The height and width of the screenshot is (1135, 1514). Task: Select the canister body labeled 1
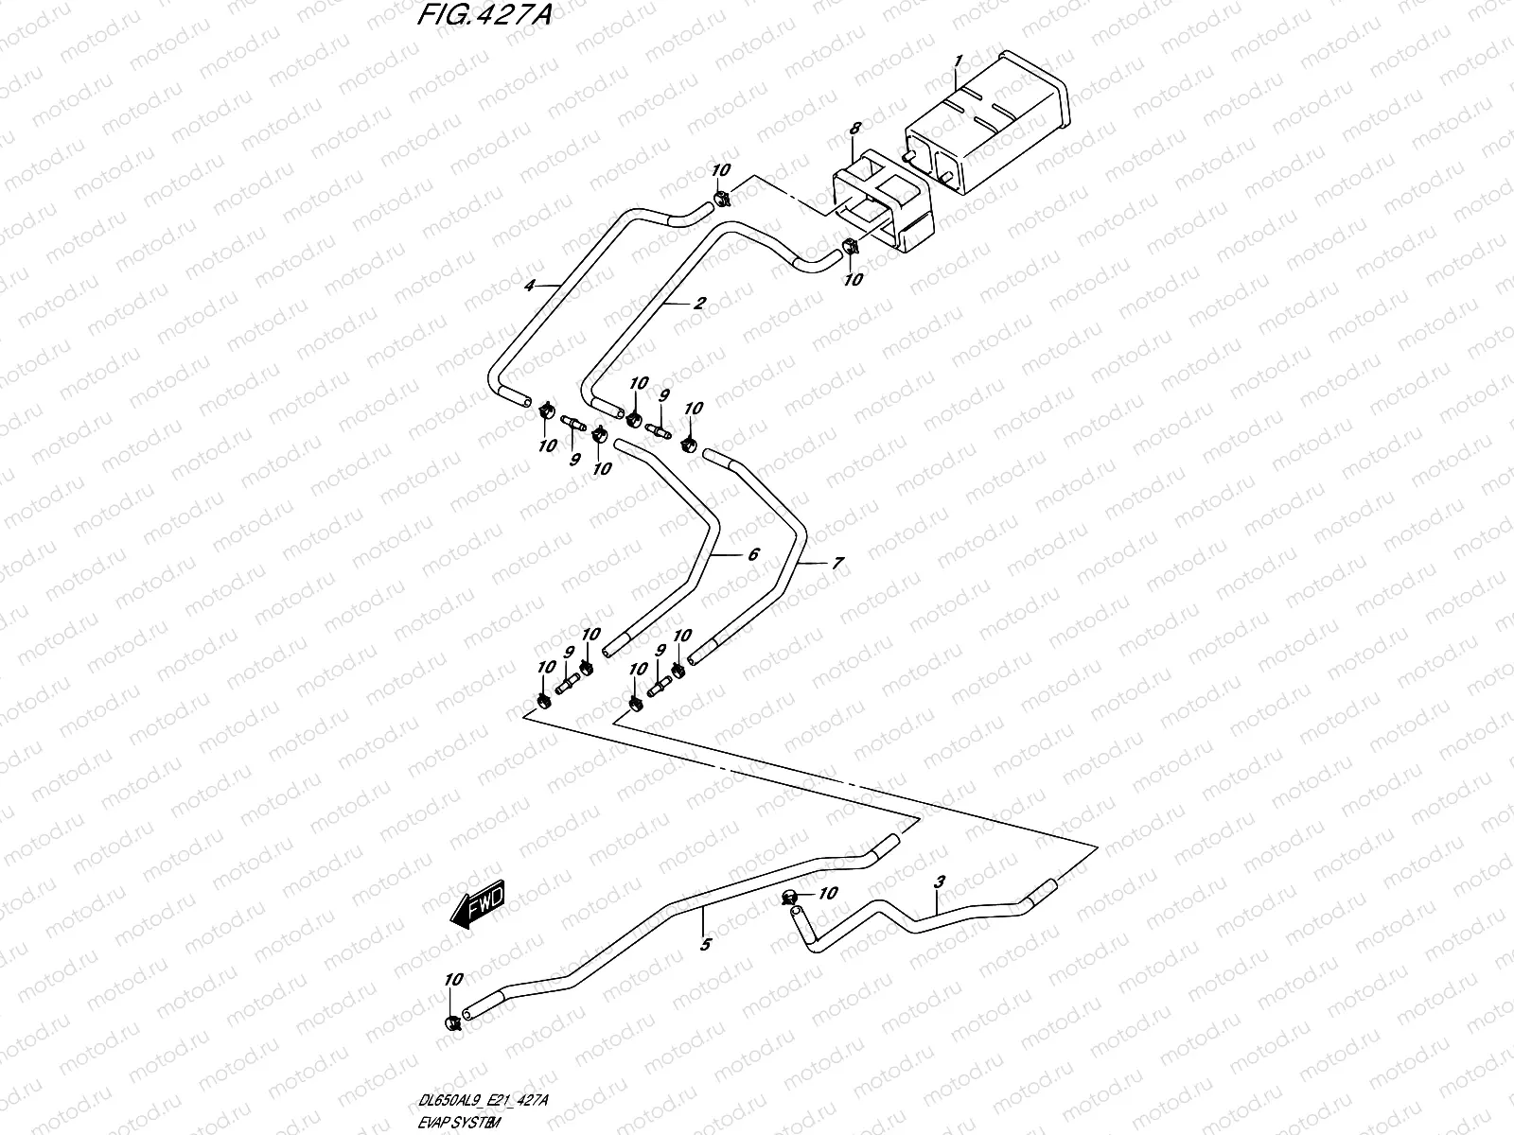pos(984,132)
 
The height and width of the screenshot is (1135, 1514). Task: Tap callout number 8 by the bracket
pos(854,128)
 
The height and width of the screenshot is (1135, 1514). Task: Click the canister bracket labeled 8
pos(880,203)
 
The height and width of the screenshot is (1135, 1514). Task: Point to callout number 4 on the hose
pos(531,284)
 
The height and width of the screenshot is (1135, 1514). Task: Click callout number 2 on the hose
pos(699,304)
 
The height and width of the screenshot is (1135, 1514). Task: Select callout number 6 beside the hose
pos(753,554)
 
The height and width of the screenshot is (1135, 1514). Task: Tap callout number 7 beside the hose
pos(836,563)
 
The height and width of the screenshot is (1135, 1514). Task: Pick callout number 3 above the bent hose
pos(939,881)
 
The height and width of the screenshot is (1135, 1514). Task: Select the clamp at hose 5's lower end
pos(452,1021)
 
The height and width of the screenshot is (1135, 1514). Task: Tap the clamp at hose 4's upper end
pos(722,198)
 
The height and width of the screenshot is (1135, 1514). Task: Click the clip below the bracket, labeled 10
pos(849,248)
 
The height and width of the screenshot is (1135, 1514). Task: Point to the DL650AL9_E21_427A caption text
pos(484,1100)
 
